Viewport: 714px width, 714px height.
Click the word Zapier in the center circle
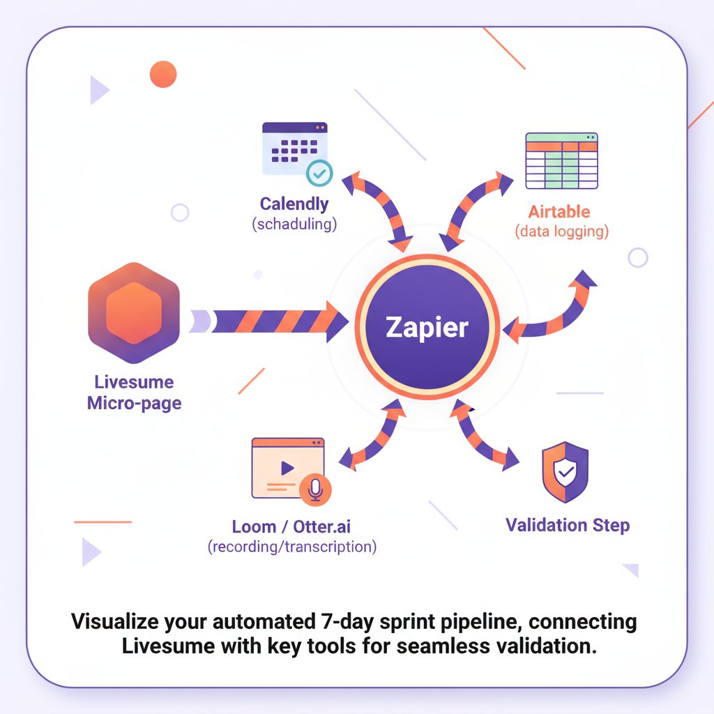[427, 327]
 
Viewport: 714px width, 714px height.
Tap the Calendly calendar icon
[294, 149]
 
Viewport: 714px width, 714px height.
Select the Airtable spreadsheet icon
[561, 160]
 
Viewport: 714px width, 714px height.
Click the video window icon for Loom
[286, 469]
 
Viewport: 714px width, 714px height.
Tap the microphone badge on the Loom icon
[315, 489]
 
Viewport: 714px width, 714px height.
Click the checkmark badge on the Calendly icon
[319, 172]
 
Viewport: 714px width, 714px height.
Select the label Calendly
[294, 204]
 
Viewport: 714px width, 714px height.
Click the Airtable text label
[559, 211]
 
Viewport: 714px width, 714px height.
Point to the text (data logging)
[561, 231]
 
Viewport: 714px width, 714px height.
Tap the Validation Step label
[568, 525]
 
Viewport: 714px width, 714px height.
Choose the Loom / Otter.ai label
[291, 526]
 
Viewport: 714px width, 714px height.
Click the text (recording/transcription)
[291, 547]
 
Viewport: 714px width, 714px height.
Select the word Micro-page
[134, 403]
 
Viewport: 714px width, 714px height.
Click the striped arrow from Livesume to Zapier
[272, 322]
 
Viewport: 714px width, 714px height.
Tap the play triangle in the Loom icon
[286, 469]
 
